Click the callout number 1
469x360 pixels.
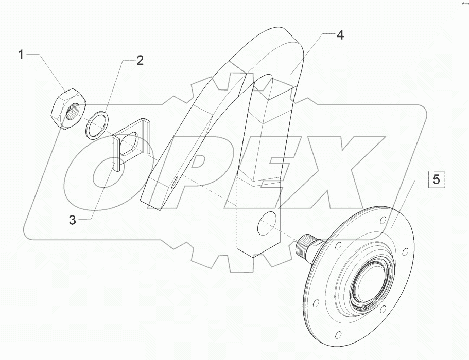coord(21,55)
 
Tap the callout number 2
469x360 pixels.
coord(140,61)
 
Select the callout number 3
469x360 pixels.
coord(73,220)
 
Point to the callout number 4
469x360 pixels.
coord(340,35)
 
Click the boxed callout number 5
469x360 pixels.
coord(436,181)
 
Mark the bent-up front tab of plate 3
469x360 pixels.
coord(115,153)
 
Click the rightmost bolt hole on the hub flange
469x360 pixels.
coord(406,251)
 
